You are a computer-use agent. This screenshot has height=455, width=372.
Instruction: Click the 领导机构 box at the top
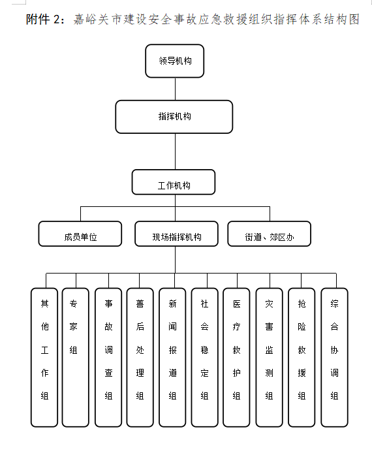tap(175, 61)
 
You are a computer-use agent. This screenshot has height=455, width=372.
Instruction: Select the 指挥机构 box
tap(174, 117)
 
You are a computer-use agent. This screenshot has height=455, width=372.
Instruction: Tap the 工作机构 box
tap(174, 182)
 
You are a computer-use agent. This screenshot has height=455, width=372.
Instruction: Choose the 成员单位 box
tap(80, 234)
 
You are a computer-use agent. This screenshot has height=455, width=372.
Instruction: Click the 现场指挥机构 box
tap(176, 234)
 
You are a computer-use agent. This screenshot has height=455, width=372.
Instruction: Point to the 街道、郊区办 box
tap(270, 234)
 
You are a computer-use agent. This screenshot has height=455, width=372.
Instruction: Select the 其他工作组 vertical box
tap(44, 358)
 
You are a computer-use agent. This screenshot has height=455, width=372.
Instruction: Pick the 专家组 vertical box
tap(76, 358)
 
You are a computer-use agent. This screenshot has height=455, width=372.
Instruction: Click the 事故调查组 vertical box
tap(108, 358)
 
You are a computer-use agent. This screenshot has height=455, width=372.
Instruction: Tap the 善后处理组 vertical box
tap(140, 358)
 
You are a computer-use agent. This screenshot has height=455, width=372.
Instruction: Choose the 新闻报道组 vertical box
tap(172, 358)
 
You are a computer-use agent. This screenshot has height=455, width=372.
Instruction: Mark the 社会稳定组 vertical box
tap(204, 358)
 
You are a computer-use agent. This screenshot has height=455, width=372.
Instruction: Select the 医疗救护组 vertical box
tap(236, 358)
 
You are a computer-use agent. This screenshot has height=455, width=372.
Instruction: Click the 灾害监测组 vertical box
tap(269, 358)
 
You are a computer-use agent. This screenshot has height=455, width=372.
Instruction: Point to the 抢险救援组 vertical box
tap(302, 358)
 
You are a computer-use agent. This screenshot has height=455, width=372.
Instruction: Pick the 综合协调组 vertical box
tap(334, 358)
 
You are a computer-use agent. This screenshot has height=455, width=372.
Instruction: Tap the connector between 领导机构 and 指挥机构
tap(176, 89)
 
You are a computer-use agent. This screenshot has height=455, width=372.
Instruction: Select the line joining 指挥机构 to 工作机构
tap(176, 151)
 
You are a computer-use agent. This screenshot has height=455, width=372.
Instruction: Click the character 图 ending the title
tap(354, 20)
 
